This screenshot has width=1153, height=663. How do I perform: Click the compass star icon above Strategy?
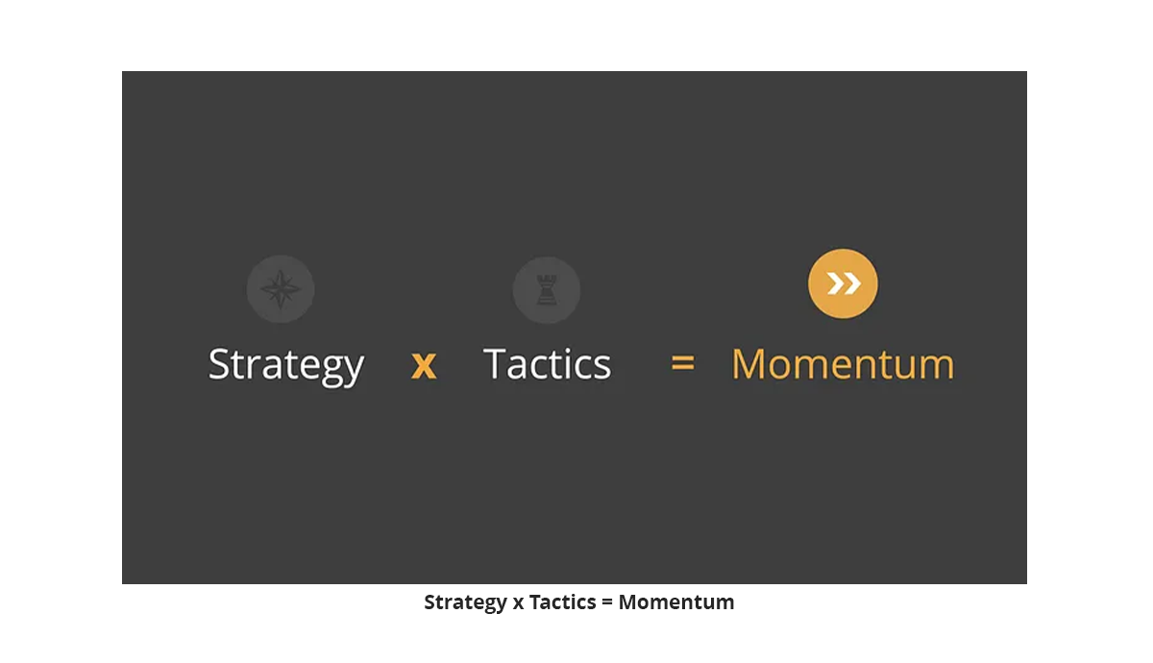coord(281,289)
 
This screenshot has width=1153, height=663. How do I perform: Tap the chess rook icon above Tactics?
coord(547,290)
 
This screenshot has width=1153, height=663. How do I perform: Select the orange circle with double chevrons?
coord(843,283)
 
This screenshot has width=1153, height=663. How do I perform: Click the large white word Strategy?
coord(286,365)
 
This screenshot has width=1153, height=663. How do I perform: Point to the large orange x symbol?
coord(424,365)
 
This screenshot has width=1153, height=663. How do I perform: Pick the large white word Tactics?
coord(547,364)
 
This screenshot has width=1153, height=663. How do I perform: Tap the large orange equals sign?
coord(683,363)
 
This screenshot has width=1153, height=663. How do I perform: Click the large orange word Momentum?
coord(844,364)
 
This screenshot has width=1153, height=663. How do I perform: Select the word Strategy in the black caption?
coord(466,602)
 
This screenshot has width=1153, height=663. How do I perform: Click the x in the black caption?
coord(518,602)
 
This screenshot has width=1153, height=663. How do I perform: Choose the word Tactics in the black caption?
coord(563,602)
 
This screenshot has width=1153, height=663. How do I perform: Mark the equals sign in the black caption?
coord(607,602)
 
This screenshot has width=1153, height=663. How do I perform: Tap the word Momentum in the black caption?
coord(676,602)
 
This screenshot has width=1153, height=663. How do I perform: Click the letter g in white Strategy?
coord(333,371)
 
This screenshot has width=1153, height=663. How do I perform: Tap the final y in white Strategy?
coord(354,371)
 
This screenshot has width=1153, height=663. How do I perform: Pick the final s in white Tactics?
coord(601,367)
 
